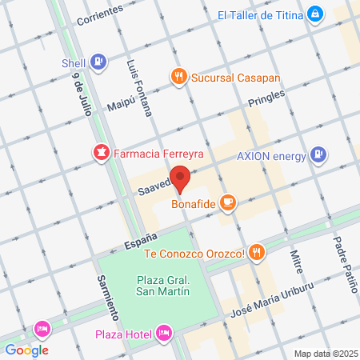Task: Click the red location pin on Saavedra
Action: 181,179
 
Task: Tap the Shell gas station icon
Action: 98,61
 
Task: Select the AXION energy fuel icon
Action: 318,154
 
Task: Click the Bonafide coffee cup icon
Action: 228,202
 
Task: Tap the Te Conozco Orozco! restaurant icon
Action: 256,254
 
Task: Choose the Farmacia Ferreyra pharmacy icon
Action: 102,152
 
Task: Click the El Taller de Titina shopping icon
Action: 317,14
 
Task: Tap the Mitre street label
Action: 295,260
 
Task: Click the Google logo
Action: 27,350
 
